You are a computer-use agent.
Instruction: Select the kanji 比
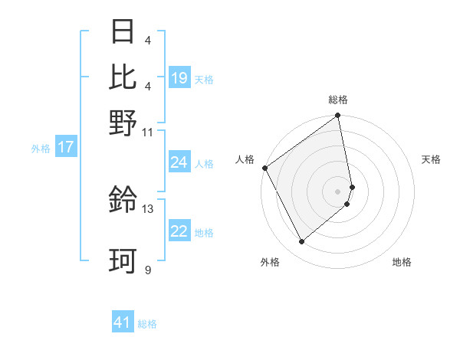coord(123,76)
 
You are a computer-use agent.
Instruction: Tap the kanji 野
coord(123,122)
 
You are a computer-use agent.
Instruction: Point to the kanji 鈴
coord(123,200)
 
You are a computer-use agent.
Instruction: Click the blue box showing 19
coord(179,78)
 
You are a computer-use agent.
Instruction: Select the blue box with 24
coord(179,162)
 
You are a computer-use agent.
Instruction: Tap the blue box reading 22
coord(179,231)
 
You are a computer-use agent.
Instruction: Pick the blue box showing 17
coord(66,148)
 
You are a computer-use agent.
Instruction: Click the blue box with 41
coord(123,322)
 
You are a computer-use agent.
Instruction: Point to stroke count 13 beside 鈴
coord(148,208)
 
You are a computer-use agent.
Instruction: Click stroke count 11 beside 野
coord(148,132)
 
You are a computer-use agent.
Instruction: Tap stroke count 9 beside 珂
coord(148,270)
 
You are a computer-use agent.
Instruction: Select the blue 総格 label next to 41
coord(147,324)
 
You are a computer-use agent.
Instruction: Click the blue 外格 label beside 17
coord(41,149)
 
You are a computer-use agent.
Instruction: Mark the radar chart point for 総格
coord(338,116)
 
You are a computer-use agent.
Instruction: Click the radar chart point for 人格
coord(264,168)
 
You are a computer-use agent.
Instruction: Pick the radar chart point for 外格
coord(301,242)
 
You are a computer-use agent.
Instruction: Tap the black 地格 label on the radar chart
coord(402,263)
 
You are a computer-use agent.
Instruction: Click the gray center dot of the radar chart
coord(338,191)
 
